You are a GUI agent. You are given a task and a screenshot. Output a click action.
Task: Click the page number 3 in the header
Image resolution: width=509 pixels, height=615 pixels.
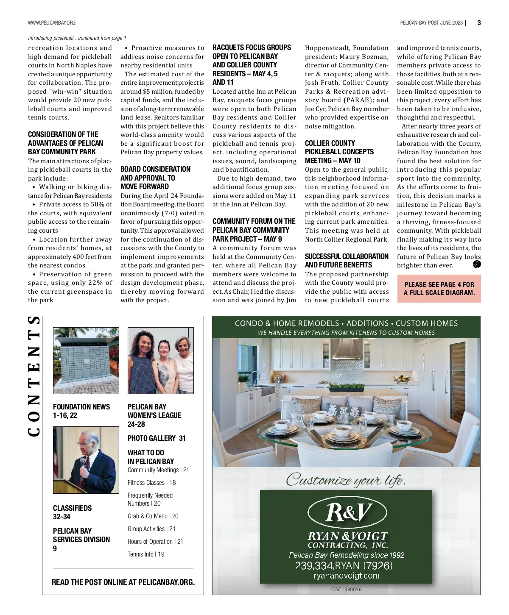(x=479, y=22)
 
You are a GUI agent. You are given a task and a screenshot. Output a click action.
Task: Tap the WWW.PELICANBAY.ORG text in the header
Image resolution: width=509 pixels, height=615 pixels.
(x=52, y=22)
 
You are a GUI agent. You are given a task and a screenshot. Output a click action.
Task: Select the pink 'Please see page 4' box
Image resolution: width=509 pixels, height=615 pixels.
(x=439, y=289)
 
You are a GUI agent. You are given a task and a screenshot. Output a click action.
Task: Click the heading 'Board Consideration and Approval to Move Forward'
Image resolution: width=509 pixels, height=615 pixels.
(x=155, y=178)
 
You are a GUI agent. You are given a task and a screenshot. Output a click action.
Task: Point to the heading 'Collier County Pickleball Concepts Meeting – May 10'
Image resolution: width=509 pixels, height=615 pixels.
(x=339, y=152)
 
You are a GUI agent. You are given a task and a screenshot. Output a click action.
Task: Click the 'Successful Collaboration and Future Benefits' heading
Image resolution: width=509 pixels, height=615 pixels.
(x=346, y=261)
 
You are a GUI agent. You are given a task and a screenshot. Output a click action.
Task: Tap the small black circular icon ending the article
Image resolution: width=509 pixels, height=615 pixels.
(x=476, y=264)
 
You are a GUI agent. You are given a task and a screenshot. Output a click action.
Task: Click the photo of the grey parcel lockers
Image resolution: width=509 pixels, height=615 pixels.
(x=86, y=360)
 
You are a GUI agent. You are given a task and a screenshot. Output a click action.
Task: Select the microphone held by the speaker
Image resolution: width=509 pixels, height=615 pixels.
(x=82, y=462)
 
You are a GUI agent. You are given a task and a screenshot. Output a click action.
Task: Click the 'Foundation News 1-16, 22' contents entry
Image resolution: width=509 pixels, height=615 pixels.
(x=81, y=411)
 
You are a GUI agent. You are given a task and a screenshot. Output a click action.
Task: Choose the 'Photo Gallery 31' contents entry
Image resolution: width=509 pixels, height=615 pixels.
(x=156, y=438)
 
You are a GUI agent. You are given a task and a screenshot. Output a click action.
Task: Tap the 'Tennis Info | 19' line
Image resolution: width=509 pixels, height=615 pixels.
(x=146, y=554)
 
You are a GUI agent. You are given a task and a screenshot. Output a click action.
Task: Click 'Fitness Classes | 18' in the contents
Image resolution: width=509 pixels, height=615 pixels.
(x=151, y=482)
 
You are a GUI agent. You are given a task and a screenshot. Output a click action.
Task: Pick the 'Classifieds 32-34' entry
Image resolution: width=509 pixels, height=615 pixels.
(x=72, y=512)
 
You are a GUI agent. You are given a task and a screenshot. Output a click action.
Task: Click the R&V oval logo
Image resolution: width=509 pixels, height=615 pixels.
(x=347, y=512)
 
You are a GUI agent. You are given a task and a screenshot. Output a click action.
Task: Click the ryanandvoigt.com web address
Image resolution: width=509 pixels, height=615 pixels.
(x=346, y=576)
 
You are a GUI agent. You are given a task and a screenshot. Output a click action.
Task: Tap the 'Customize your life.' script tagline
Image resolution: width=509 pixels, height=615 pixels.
(x=346, y=479)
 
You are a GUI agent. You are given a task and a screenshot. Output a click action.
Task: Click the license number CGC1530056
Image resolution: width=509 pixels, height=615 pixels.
(x=346, y=589)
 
